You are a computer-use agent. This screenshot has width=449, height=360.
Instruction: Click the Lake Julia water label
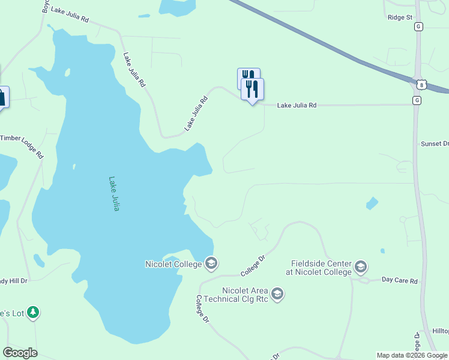114,193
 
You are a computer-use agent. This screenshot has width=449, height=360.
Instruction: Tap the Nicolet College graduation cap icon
211,263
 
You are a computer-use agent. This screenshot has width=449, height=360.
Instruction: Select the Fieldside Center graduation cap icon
360,266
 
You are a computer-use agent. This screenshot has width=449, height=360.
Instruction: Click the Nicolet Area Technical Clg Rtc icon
277,294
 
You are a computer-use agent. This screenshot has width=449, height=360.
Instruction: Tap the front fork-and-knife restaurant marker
252,89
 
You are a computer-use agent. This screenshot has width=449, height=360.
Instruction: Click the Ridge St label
400,17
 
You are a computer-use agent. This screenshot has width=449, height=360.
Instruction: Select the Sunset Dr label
435,144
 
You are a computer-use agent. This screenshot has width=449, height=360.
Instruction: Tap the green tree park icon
34,312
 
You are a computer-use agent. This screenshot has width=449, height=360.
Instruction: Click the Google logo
20,353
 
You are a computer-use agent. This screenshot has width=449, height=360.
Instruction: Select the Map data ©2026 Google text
412,355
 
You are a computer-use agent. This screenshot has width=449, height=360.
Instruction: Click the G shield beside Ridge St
418,26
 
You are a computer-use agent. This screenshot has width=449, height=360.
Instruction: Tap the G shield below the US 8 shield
417,100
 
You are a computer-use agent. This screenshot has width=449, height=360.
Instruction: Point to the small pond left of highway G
372,203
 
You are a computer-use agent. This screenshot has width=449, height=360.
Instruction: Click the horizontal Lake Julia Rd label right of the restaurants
296,105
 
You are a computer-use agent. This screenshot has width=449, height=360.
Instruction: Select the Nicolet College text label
173,264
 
